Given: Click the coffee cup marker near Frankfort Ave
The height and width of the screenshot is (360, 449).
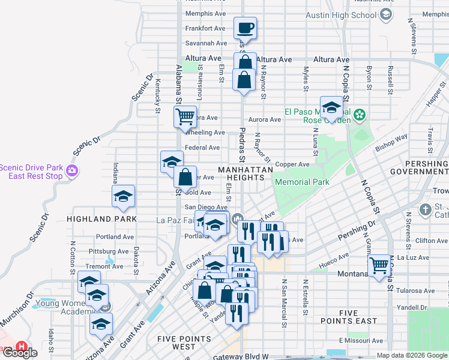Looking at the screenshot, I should pos(245,28).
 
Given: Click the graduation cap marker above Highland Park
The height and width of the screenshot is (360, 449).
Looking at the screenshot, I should pos(124,196).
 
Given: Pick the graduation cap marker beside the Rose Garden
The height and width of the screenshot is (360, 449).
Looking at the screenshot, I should pos(331,107).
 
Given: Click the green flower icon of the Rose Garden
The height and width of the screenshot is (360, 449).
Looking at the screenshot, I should pos(359,114).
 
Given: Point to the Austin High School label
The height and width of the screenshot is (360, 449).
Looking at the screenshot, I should pos(340,15).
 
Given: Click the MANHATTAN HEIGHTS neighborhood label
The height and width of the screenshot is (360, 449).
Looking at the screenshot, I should pos(246,175).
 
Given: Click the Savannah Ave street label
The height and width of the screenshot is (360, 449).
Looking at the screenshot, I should pos(206,43).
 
